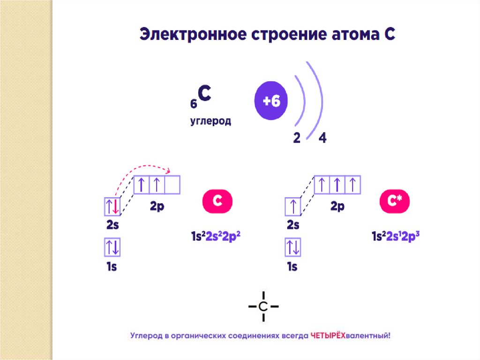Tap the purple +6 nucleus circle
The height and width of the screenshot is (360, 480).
click(271, 101)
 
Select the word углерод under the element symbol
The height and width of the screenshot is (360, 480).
click(210, 121)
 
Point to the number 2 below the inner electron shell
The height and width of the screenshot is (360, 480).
click(297, 138)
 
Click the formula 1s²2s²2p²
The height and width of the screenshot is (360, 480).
click(216, 237)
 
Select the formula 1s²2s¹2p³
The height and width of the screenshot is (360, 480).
click(395, 237)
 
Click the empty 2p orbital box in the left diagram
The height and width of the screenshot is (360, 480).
click(172, 184)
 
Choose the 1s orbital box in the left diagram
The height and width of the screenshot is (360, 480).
click(112, 247)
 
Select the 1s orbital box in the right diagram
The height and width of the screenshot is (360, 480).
click(292, 247)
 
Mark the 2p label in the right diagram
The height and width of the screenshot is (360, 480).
click(337, 206)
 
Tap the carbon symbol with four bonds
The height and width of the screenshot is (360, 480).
click(263, 306)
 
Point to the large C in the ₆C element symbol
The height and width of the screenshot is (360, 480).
click(204, 94)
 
